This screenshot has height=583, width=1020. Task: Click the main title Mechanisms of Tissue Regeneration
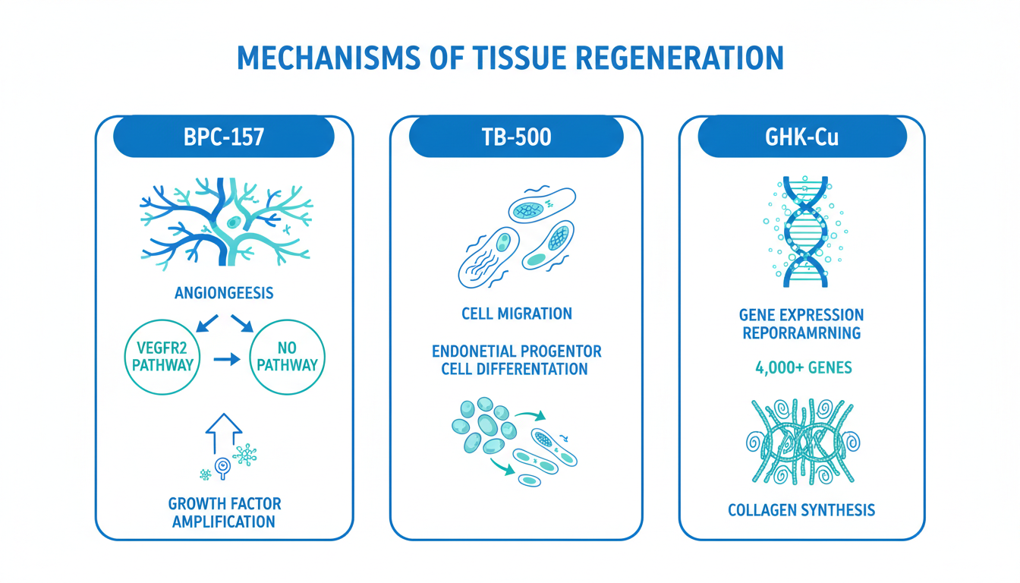coord(510,58)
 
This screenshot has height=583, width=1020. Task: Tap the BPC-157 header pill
coord(224,137)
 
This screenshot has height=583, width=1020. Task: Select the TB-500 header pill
coord(516,137)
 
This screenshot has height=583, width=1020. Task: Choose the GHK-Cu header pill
coord(801,137)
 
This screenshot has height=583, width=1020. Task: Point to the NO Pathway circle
coord(288,357)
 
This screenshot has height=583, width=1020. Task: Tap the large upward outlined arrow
coord(223,434)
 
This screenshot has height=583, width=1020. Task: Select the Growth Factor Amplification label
coord(223,512)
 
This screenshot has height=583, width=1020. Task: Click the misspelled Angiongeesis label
coord(223,293)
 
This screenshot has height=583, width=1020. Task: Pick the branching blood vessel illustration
coord(226,220)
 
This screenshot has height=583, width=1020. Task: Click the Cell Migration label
coord(517,314)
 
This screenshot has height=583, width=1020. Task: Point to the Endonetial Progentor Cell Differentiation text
coord(517,361)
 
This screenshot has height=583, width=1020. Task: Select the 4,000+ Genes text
coord(803,368)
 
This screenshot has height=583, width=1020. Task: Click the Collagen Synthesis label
coord(801,510)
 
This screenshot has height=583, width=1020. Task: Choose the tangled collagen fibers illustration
coord(802,441)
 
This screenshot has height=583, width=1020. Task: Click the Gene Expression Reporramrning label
coord(801,323)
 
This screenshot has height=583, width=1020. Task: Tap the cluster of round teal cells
coord(480,430)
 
